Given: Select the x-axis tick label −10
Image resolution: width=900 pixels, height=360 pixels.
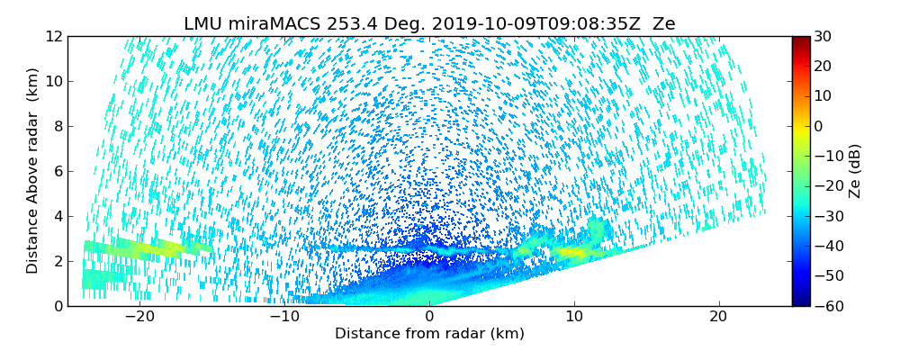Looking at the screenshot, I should (284, 317).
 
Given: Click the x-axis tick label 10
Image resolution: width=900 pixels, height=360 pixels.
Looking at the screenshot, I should (574, 317).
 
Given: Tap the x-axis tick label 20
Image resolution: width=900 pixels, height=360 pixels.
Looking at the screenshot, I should (718, 317).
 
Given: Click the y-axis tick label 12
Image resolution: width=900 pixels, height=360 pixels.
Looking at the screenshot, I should (52, 37).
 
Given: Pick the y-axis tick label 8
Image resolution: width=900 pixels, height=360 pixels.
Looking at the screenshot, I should (56, 127).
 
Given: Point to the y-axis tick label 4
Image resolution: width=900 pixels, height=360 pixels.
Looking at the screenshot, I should (56, 216).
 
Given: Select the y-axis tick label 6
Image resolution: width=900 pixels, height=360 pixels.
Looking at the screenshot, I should (56, 172).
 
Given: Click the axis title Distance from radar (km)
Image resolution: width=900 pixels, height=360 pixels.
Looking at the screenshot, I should (429, 334).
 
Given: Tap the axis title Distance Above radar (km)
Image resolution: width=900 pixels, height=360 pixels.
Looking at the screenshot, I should (33, 171).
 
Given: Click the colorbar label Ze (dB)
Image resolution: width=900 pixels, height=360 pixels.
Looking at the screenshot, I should (855, 171).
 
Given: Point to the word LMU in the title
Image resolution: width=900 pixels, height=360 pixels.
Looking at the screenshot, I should (203, 24).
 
